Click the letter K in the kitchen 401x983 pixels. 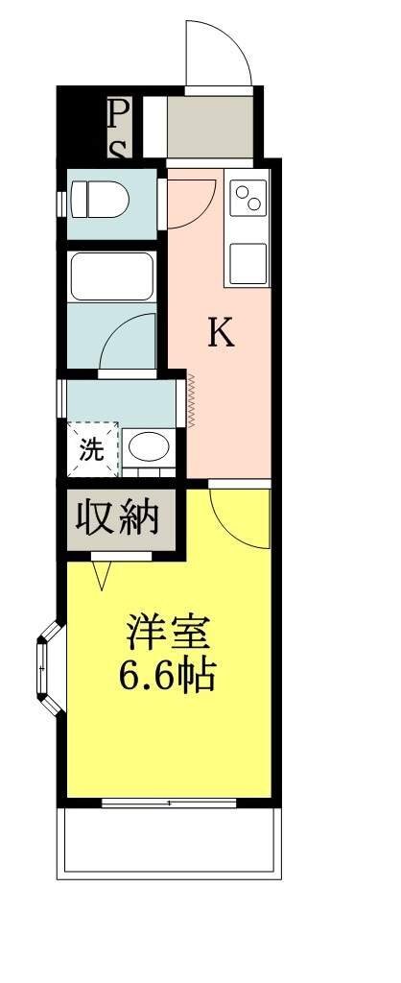pyautogui.click(x=222, y=332)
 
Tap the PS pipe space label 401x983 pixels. pyautogui.click(x=119, y=129)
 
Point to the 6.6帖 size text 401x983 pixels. pyautogui.click(x=167, y=675)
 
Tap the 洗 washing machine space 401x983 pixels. pyautogui.click(x=93, y=449)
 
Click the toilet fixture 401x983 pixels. pyautogui.click(x=99, y=200)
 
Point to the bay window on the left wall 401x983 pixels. pyautogui.click(x=50, y=668)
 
